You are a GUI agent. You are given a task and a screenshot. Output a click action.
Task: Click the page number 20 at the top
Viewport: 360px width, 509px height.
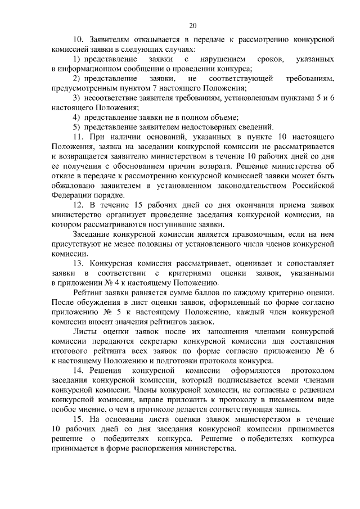tap(192, 25)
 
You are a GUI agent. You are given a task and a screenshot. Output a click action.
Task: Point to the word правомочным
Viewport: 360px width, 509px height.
tap(242, 235)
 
